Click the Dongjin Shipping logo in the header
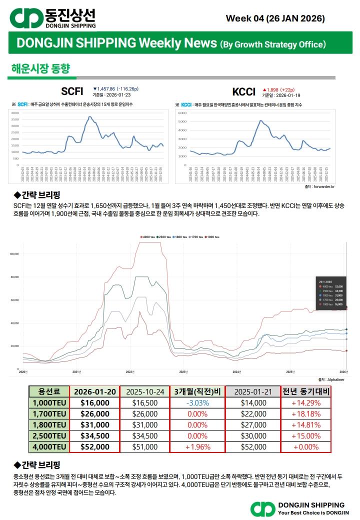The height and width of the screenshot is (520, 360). [53, 18]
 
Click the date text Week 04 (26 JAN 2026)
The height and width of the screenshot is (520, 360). [275, 18]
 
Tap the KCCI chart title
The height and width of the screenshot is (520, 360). [243, 91]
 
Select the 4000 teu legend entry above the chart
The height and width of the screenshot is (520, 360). [148, 236]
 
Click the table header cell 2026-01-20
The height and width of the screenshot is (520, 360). [94, 391]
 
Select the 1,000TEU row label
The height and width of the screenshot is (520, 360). [48, 403]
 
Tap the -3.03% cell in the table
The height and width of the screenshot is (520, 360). [197, 403]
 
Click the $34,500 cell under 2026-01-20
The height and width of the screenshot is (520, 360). [94, 436]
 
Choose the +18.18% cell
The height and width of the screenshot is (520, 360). [305, 414]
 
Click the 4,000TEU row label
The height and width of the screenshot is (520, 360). [48, 447]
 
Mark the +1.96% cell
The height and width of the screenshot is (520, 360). [197, 447]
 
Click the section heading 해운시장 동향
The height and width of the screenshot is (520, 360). [40, 68]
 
